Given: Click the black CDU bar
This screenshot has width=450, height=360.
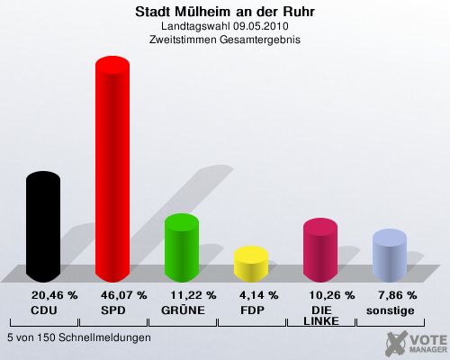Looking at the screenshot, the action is [x=43, y=227].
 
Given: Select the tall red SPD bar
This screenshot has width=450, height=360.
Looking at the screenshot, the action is [x=112, y=169].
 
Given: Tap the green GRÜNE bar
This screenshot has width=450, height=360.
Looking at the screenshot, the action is [x=182, y=247].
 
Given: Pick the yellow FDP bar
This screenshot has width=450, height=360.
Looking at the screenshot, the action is [x=251, y=264].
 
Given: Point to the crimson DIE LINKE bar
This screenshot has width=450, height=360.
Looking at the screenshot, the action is [x=320, y=250].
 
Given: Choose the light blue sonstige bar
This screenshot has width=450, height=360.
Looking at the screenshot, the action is [x=390, y=256].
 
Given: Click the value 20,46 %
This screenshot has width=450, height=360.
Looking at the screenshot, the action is [x=55, y=295].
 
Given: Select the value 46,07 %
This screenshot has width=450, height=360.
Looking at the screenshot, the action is [x=124, y=295].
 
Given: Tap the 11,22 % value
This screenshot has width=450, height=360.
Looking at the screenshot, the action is [x=193, y=295].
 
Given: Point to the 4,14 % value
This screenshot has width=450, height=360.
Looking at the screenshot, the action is [x=259, y=295].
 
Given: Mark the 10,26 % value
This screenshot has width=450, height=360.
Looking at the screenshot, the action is [x=332, y=295].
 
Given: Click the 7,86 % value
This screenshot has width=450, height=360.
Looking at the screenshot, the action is [x=398, y=295].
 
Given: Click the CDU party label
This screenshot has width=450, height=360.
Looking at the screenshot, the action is [x=44, y=310].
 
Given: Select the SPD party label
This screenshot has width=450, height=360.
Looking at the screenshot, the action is [x=113, y=310].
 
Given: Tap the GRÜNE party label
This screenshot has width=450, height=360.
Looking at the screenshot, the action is [x=183, y=310].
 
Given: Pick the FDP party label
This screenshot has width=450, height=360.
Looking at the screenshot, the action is [x=252, y=310].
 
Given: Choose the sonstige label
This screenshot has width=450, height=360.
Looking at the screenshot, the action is [x=391, y=311].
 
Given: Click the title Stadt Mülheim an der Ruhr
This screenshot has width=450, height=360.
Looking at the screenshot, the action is [x=225, y=12].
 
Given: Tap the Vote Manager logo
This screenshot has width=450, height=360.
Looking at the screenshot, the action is [x=416, y=343].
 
